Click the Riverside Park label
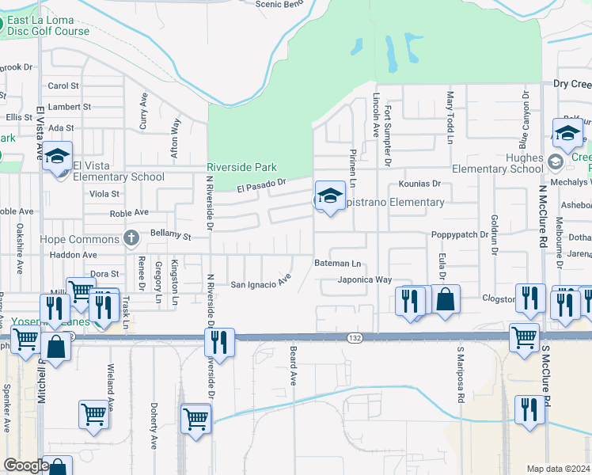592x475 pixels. tap(242, 167)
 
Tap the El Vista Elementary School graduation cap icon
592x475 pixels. tap(57, 157)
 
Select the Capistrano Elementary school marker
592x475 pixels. tap(329, 196)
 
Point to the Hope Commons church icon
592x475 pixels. tap(133, 238)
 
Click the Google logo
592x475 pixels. tap(26, 465)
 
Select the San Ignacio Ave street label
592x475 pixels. tap(261, 284)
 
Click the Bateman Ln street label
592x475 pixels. tap(337, 263)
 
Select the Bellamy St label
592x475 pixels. tap(172, 236)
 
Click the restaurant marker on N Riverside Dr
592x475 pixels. tap(219, 342)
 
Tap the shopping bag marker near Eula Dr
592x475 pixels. tap(446, 299)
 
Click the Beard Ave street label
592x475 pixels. tap(293, 365)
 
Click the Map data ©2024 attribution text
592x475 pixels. tap(558, 469)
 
